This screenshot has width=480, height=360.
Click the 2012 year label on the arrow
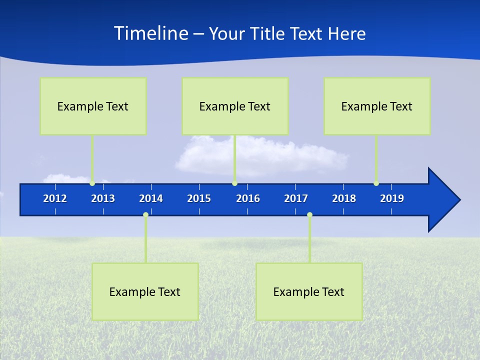(55, 198)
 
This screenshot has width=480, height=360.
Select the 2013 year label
(103, 198)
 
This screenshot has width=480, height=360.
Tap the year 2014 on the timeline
(151, 198)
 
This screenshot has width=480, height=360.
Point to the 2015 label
(199, 198)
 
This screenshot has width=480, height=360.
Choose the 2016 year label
(248, 198)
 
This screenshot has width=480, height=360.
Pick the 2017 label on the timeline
(296, 198)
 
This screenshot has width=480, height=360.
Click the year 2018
(344, 198)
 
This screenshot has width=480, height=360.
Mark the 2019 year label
(392, 198)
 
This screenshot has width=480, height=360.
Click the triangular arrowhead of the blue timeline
(442, 200)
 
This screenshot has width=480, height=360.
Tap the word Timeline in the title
(150, 33)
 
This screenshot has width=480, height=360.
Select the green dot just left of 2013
(92, 183)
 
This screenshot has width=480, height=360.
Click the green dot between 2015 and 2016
(234, 183)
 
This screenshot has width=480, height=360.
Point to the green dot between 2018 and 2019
(376, 183)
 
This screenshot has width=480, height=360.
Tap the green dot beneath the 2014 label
(145, 215)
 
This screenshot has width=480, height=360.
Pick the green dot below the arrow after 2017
(309, 215)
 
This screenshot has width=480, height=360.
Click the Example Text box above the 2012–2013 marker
(93, 106)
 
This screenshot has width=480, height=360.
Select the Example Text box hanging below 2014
(145, 291)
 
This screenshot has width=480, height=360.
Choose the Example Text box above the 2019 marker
(377, 106)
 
